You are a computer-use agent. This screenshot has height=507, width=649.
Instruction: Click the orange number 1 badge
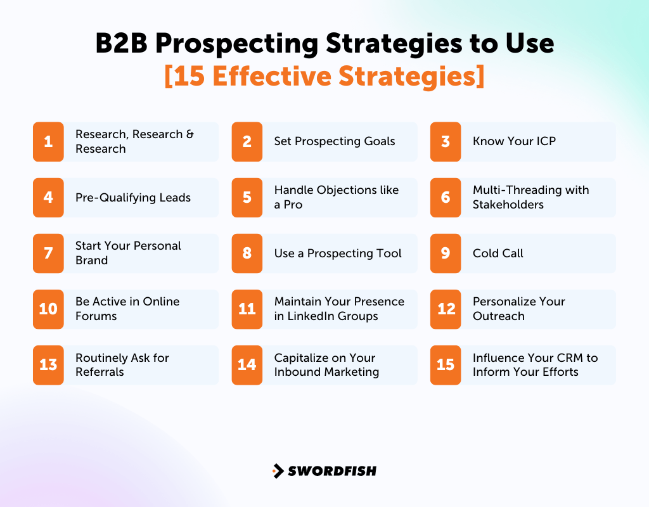click(48, 141)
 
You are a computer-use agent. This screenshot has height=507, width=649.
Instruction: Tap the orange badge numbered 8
click(247, 253)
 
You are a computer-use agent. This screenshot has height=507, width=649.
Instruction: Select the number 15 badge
click(446, 364)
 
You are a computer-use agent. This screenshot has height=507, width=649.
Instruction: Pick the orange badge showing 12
click(446, 309)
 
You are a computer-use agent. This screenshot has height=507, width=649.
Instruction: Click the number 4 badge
click(48, 197)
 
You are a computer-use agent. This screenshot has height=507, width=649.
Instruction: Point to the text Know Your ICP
click(514, 141)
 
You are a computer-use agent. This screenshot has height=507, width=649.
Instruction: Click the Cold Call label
click(498, 253)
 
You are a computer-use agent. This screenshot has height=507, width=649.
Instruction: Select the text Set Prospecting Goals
click(335, 141)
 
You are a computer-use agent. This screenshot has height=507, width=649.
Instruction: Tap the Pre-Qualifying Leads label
click(133, 197)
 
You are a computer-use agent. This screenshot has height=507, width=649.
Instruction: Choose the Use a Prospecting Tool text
click(338, 253)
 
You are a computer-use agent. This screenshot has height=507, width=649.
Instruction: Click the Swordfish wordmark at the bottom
click(332, 471)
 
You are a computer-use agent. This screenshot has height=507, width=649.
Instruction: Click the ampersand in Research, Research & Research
click(190, 134)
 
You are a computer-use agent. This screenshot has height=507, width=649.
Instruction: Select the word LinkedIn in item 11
click(311, 316)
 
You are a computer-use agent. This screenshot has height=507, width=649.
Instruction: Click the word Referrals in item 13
click(100, 372)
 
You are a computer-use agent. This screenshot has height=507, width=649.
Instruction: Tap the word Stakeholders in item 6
click(508, 205)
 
